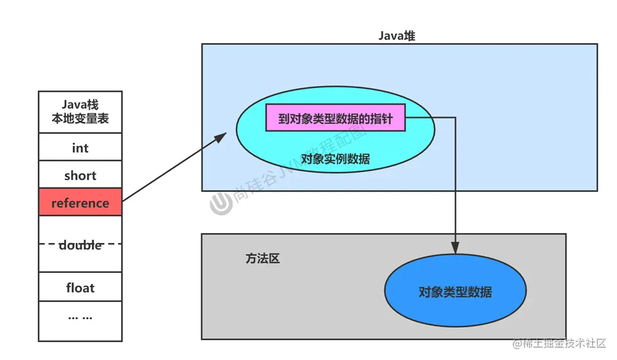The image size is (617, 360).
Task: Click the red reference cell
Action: [80, 203]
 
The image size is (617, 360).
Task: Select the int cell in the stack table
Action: [80, 147]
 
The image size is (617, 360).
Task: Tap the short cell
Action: [80, 175]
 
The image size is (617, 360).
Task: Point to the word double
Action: [81, 245]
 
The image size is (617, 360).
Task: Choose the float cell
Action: [80, 288]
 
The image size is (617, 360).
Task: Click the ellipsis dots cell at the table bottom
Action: [80, 317]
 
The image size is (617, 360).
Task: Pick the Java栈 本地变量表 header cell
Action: [80, 112]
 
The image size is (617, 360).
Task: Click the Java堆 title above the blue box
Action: [397, 36]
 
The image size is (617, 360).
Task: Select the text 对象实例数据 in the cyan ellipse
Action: [335, 158]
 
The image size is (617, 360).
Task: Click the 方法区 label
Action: [262, 258]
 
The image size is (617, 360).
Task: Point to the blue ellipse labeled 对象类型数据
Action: [455, 292]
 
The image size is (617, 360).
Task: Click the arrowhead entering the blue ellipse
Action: [455, 248]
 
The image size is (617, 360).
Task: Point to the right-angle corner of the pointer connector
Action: [455, 119]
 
